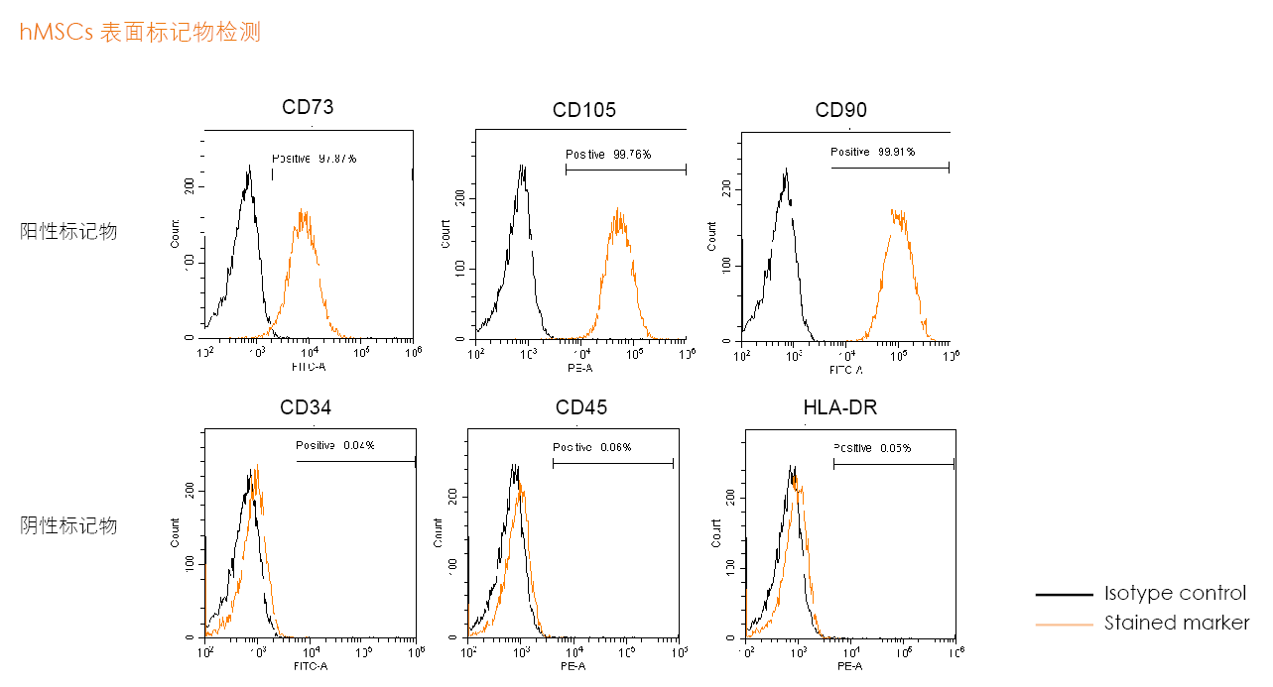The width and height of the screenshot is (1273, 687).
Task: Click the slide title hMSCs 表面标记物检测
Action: click(140, 32)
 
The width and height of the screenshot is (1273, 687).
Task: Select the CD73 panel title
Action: click(308, 107)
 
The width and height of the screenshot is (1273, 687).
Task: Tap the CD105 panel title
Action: click(584, 109)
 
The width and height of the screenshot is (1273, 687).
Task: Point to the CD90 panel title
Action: click(841, 109)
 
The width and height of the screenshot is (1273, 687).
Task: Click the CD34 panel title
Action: click(306, 407)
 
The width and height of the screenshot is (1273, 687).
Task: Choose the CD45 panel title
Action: click(581, 407)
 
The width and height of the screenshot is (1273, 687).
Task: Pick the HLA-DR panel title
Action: click(840, 407)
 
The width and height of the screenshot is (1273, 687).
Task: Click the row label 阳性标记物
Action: click(68, 231)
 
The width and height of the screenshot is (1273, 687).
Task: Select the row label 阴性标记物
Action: click(68, 525)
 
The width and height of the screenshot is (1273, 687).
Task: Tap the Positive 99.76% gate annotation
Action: click(608, 155)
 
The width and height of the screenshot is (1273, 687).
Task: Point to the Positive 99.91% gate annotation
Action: click(873, 152)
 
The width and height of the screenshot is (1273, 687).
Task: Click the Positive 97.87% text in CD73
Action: click(315, 159)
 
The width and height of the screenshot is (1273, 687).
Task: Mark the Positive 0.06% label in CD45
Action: click(592, 448)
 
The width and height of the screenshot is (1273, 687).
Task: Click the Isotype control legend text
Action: click(1175, 593)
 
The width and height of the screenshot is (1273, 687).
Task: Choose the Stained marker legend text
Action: click(1177, 623)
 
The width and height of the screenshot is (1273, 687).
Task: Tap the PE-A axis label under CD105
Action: click(579, 368)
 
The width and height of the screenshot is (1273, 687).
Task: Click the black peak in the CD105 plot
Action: click(522, 178)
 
